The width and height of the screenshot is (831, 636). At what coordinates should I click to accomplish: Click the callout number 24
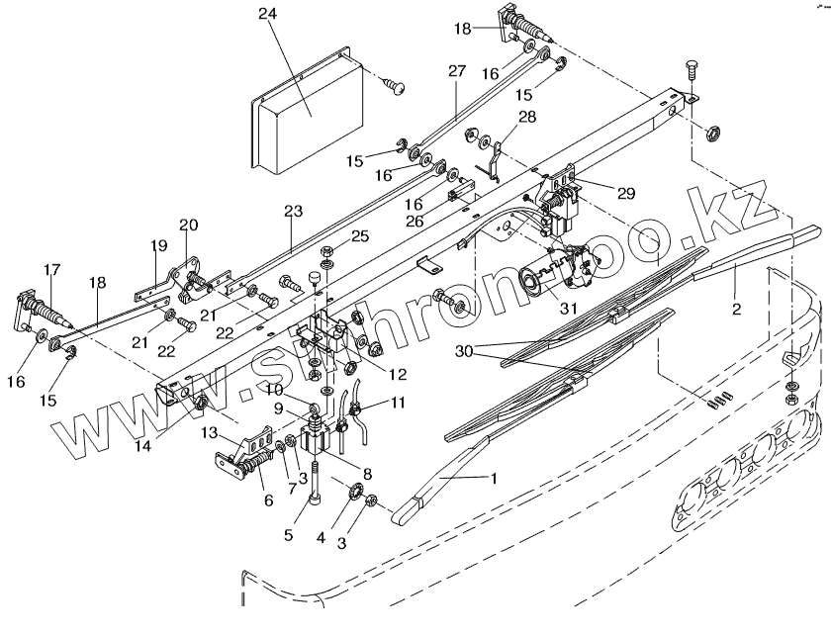(x=268, y=14)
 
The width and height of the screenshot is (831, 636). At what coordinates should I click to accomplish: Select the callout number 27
(x=456, y=72)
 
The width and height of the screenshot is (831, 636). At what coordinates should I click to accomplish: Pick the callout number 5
(x=290, y=535)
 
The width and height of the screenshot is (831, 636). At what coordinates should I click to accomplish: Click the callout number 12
(x=398, y=374)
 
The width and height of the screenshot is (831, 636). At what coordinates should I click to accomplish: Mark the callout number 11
(x=398, y=403)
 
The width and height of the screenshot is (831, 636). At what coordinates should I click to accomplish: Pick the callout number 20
(x=189, y=225)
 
